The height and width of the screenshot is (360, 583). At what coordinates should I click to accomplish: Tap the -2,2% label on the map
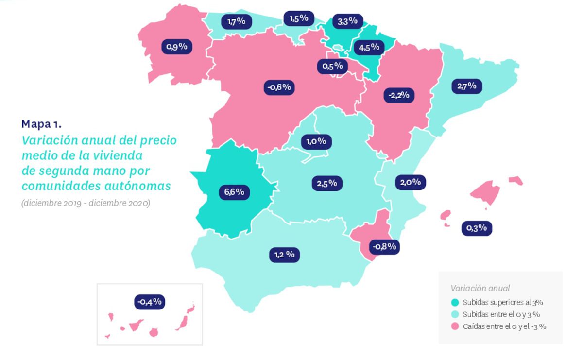(x=399, y=95)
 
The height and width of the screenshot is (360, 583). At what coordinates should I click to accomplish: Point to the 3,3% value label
(x=347, y=21)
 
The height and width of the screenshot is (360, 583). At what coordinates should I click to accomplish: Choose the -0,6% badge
(x=279, y=87)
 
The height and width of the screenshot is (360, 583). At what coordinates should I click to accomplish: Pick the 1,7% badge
(x=237, y=21)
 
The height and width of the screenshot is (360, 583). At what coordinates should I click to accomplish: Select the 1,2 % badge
(x=284, y=254)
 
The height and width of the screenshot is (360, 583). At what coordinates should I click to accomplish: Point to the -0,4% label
(x=150, y=302)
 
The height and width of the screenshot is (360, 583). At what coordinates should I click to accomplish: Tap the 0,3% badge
(x=477, y=227)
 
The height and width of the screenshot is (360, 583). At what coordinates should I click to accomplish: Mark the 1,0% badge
(x=317, y=142)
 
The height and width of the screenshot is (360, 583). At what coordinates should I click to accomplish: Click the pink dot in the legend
(x=455, y=326)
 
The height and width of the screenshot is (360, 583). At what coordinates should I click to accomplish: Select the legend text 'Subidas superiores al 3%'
(x=502, y=302)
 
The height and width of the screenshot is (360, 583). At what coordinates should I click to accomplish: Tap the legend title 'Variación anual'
(x=480, y=288)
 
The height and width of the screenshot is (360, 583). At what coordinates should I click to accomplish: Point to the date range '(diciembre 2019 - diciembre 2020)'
(x=86, y=203)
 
